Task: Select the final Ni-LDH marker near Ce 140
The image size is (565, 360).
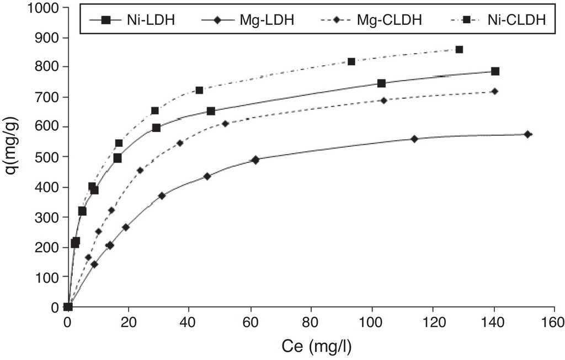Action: click(x=495, y=71)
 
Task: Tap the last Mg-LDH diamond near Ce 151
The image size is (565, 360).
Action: click(x=527, y=134)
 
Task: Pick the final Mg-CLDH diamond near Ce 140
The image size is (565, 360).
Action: click(x=494, y=91)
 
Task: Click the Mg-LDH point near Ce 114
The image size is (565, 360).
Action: click(x=414, y=139)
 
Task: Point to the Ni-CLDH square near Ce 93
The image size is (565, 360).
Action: click(x=351, y=61)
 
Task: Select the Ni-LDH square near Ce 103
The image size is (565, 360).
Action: click(x=381, y=83)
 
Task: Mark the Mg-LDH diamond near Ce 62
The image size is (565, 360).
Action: click(x=255, y=160)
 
